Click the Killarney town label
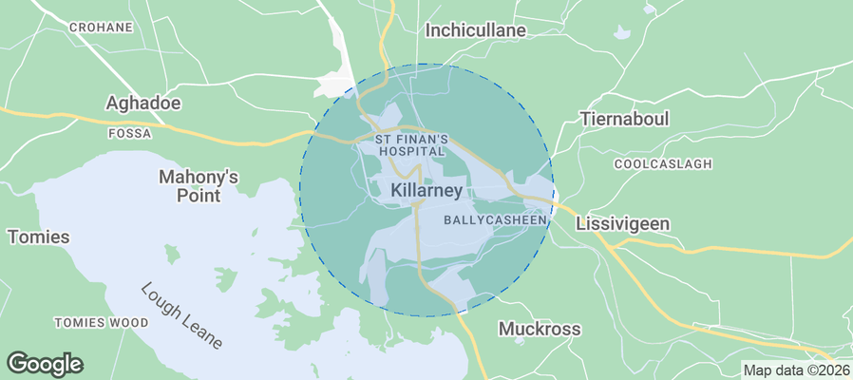pos(426,191)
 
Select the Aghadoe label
pos(143,103)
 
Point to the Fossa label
pos(130,134)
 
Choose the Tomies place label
pos(39,237)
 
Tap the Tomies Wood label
pos(101,323)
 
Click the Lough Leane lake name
pos(182,315)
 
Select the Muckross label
pos(540,330)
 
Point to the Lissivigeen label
pos(623,224)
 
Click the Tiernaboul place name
pos(625,122)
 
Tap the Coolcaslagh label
pos(663,164)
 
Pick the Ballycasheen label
pos(496,220)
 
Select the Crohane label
pos(101,28)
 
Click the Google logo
pos(45,363)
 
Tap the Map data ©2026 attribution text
pos(796,370)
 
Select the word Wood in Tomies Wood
pos(127,323)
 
